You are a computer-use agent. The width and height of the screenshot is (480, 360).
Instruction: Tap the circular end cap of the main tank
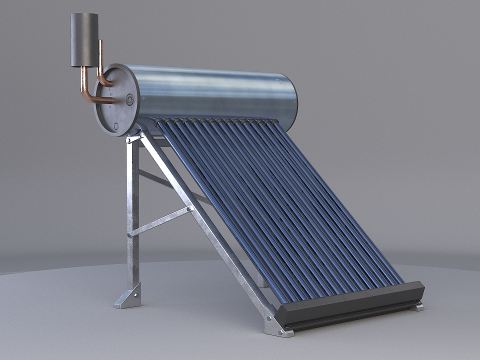coord(121,100)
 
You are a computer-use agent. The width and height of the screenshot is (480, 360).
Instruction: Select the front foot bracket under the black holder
coord(271,325)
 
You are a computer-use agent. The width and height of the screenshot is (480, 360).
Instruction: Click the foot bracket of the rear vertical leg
coord(128,296)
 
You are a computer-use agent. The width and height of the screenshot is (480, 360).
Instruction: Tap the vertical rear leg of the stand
coord(132,220)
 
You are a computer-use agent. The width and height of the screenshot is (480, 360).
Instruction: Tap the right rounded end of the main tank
coord(291,99)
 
